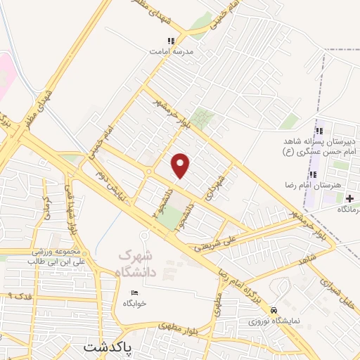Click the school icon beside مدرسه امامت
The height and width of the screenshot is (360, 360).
point(151,51)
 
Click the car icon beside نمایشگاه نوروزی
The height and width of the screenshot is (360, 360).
point(274,310)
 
